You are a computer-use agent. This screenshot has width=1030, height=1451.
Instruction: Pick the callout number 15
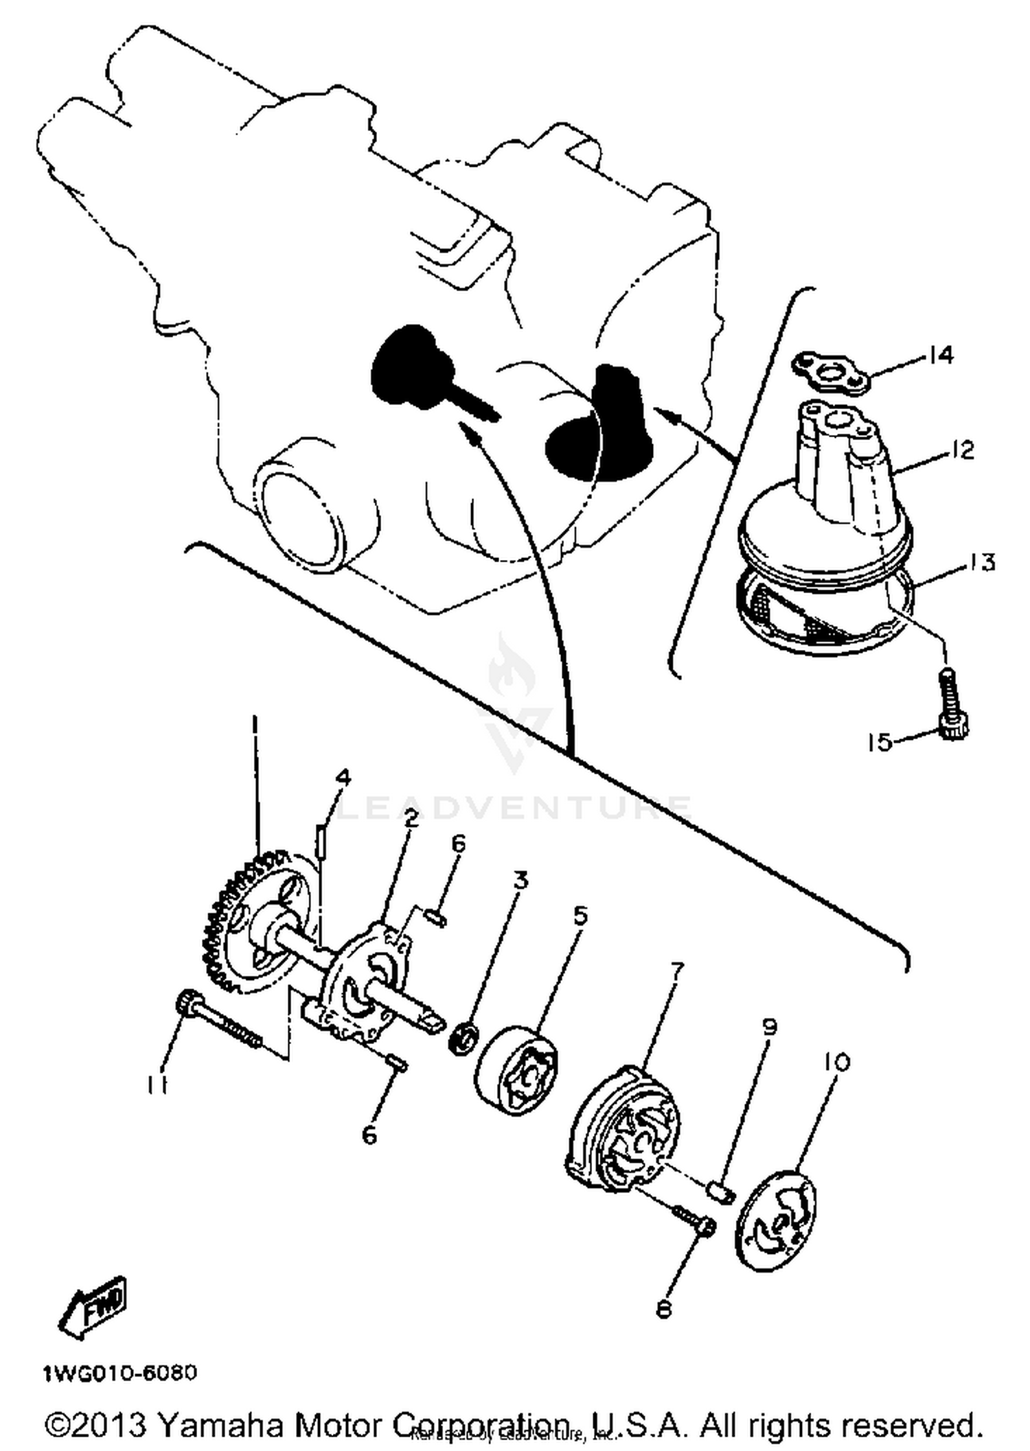pos(880,742)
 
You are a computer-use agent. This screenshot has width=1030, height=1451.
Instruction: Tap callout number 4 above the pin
pos(343,778)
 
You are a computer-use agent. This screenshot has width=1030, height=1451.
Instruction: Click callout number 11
pos(157,1084)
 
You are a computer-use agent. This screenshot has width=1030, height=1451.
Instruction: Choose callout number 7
pos(676,969)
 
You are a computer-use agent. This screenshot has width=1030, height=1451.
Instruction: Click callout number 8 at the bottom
pos(663,1310)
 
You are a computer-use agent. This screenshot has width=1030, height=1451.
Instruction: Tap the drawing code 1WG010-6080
pos(120,1373)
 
